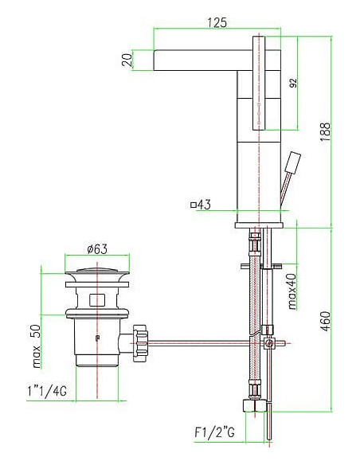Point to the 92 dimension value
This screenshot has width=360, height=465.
point(292,83)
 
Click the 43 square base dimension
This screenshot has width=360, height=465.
point(200,205)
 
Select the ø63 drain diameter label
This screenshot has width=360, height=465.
point(96,248)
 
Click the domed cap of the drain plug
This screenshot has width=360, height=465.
point(97,275)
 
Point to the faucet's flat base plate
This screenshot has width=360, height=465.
point(259,224)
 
